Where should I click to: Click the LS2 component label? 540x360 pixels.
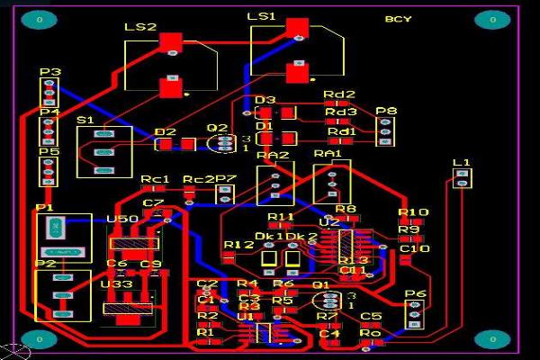(140, 29)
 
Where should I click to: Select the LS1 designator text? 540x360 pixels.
(261, 18)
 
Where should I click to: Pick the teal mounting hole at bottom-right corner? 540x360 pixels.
(492, 338)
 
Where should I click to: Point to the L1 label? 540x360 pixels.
(462, 162)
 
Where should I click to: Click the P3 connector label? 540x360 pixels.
(49, 72)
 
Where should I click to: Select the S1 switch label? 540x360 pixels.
(85, 120)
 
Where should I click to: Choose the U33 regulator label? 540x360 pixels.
(117, 284)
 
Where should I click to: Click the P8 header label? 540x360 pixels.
(386, 112)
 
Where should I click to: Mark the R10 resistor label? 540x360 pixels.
(413, 212)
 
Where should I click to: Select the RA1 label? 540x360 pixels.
(328, 155)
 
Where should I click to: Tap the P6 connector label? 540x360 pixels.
(415, 294)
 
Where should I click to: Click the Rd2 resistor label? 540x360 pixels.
(339, 94)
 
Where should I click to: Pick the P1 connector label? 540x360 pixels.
(45, 209)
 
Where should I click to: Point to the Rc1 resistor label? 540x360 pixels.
(155, 180)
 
